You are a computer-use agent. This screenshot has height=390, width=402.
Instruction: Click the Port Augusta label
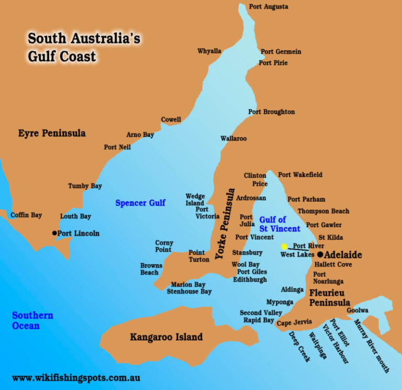click(x=269, y=7)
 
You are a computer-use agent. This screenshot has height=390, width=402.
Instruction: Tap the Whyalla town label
click(x=209, y=51)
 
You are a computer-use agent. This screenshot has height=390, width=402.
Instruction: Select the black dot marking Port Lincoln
click(x=54, y=233)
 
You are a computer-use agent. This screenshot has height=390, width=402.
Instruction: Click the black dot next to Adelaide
click(x=320, y=255)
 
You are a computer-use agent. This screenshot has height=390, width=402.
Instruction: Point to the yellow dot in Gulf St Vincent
click(x=284, y=247)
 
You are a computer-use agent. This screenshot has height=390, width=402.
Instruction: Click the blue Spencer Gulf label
click(x=140, y=203)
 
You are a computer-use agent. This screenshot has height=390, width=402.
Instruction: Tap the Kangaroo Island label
click(x=166, y=337)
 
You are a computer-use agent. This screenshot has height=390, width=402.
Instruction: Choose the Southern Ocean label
click(x=32, y=320)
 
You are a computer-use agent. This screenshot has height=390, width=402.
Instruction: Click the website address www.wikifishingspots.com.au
click(x=76, y=378)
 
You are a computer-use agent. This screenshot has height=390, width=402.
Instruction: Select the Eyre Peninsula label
click(x=52, y=133)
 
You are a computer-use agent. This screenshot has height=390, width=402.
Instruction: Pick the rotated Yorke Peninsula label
click(x=222, y=226)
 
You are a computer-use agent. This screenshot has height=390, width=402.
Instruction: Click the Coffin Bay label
click(x=26, y=215)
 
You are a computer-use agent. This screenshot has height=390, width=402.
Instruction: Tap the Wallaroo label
click(x=233, y=139)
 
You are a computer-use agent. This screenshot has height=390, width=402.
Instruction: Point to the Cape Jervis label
click(x=294, y=322)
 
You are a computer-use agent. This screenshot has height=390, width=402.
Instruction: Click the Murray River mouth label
click(x=372, y=346)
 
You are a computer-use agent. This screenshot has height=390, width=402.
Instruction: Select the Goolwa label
click(x=358, y=310)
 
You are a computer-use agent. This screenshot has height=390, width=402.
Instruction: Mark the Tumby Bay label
click(x=85, y=186)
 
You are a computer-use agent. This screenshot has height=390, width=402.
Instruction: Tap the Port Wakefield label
click(x=300, y=175)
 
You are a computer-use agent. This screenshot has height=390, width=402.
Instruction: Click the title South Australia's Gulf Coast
click(x=84, y=47)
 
